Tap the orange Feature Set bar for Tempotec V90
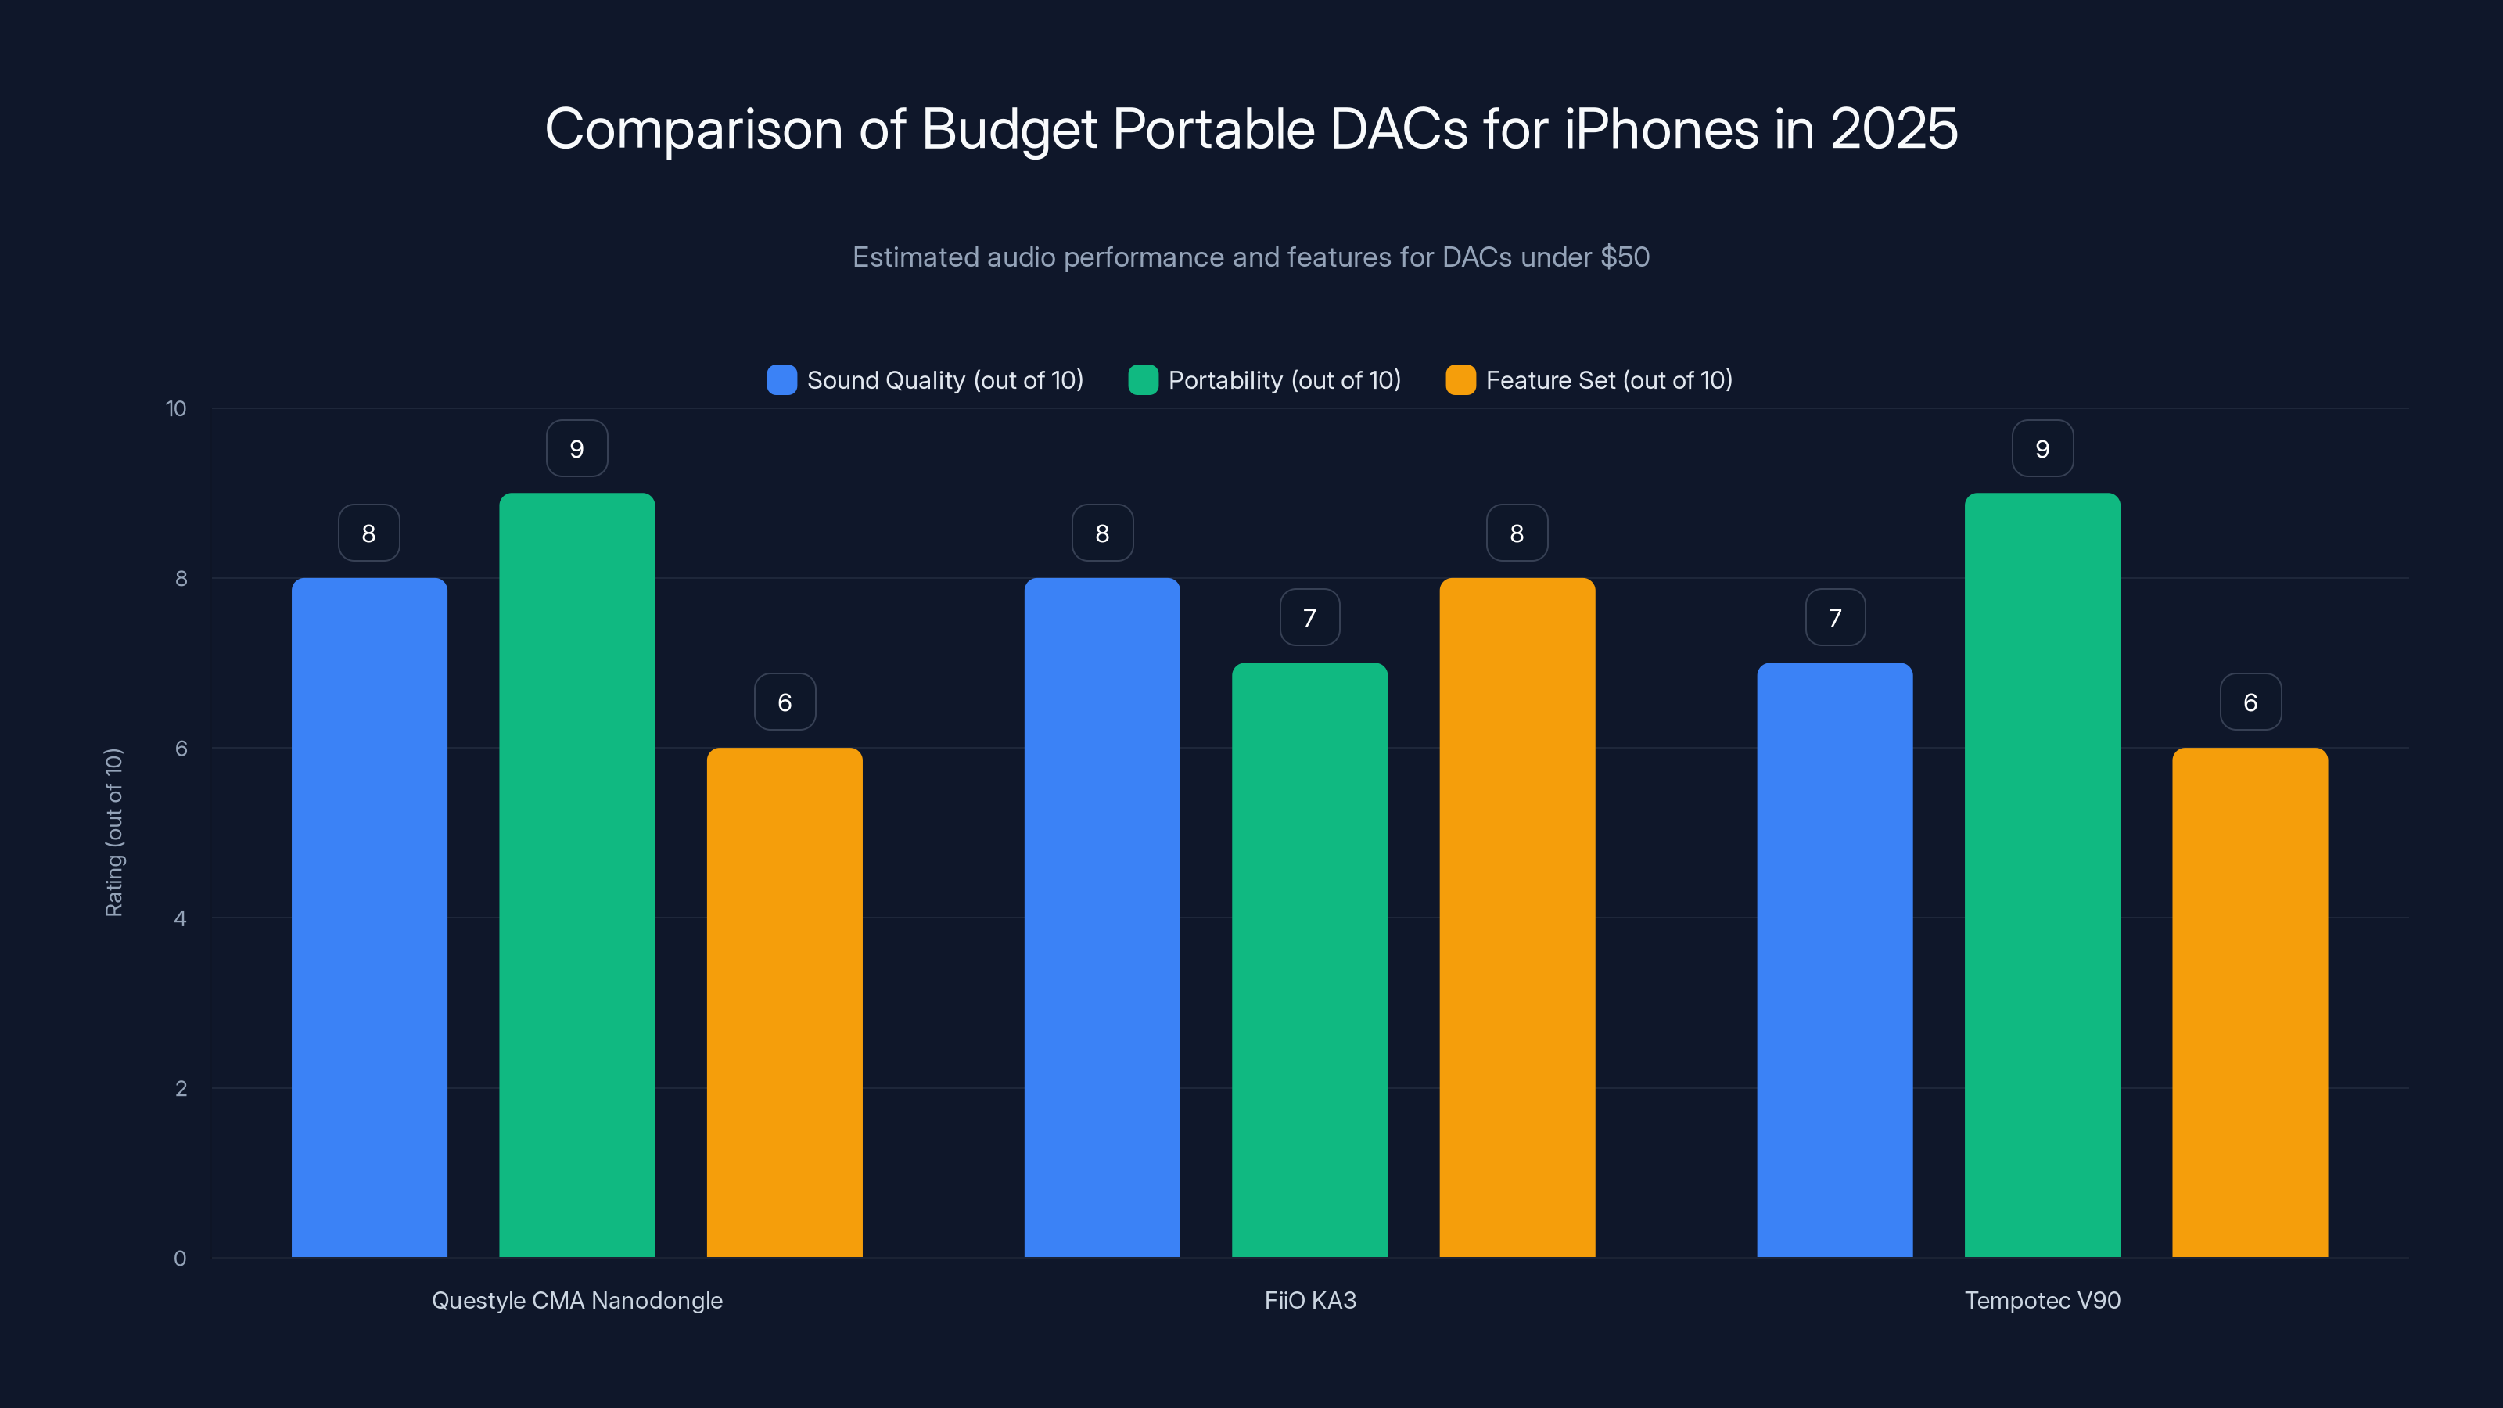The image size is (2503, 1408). tap(2250, 1002)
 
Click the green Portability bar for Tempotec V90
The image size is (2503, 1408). tap(2042, 875)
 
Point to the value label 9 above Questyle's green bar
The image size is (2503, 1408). tap(576, 449)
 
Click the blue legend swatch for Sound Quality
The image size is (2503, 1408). tap(781, 380)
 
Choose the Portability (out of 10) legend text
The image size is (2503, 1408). tap(1284, 380)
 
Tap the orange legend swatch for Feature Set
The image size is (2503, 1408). tap(1460, 380)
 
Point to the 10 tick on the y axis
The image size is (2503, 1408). tap(176, 408)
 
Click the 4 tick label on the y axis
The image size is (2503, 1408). tap(180, 918)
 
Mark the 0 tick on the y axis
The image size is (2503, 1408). tap(180, 1259)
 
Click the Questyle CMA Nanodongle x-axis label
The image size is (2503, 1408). tap(576, 1300)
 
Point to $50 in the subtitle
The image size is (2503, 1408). tap(1625, 257)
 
